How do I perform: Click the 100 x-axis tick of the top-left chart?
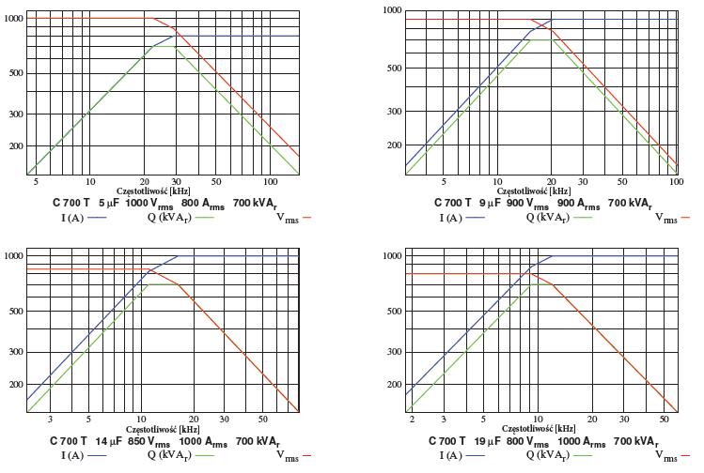pyautogui.click(x=270, y=181)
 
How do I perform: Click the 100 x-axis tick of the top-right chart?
pyautogui.click(x=676, y=182)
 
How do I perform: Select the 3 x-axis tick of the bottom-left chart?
pyautogui.click(x=51, y=420)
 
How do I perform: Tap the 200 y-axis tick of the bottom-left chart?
pyautogui.click(x=14, y=385)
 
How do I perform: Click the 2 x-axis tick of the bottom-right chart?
pyautogui.click(x=412, y=420)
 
